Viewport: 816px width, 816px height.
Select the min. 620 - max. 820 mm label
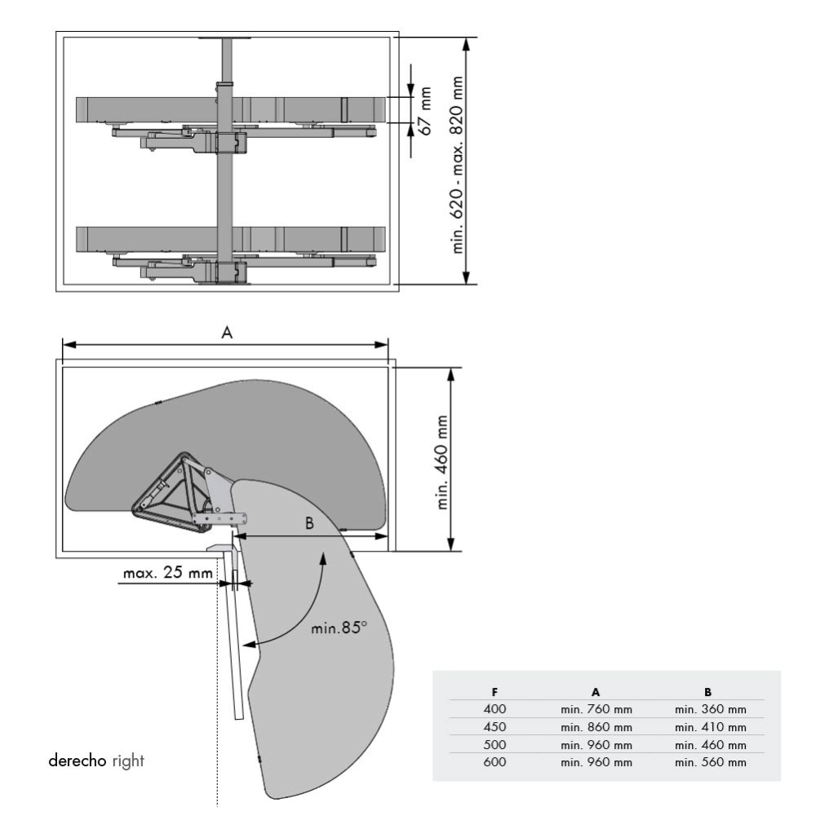coord(458,163)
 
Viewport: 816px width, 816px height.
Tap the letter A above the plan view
coord(228,332)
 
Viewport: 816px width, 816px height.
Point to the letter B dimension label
coord(309,524)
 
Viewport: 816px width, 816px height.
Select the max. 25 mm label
coord(166,573)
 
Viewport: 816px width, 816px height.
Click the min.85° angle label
coord(339,629)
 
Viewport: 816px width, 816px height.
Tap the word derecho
coord(78,761)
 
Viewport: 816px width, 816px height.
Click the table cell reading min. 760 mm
coord(596,709)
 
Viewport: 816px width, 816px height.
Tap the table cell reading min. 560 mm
coord(710,762)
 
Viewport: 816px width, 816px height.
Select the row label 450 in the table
coord(494,726)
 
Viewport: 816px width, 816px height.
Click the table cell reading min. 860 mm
coord(596,726)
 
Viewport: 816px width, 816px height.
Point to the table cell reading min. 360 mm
coord(710,709)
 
